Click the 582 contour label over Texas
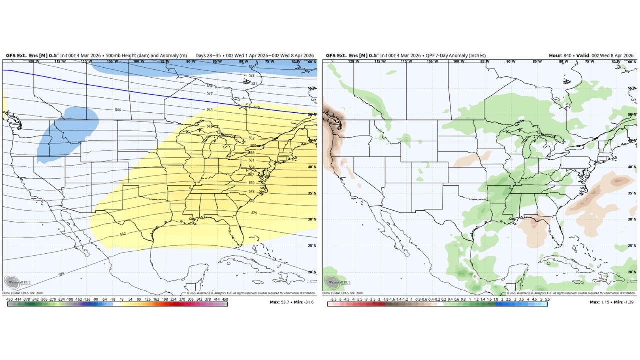(123, 234)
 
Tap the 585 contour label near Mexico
(61, 274)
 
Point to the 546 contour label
(118, 110)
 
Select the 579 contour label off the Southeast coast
(254, 213)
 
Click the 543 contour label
(209, 110)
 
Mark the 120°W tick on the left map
(33, 62)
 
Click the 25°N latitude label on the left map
(311, 245)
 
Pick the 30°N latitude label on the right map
(632, 219)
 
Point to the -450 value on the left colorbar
(9, 298)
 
